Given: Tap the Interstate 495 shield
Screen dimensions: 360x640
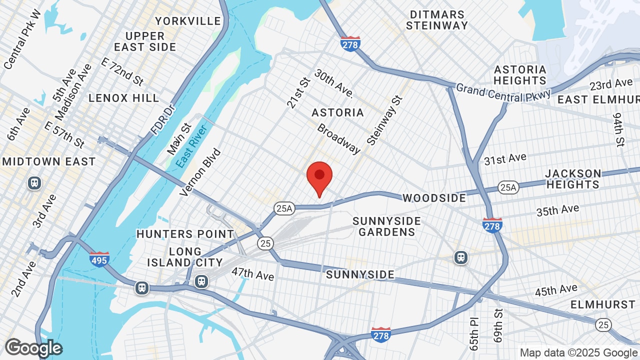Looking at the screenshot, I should pos(99,259).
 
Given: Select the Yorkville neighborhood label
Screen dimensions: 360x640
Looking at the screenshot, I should pos(188,21).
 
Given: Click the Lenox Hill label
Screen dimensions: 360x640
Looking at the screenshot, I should pos(124,98).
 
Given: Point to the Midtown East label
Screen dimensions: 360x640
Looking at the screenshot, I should pos(49,161).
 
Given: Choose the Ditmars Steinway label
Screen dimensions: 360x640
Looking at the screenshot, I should pos(437,20).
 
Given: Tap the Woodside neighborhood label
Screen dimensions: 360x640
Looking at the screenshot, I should pos(434,198).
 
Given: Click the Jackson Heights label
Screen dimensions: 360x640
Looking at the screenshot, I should pos(573,179).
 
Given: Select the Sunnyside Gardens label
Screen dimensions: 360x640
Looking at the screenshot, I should pos(386,226).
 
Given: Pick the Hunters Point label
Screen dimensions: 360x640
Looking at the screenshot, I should pos(185,234).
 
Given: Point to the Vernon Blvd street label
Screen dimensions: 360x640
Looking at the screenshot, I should pos(200,171).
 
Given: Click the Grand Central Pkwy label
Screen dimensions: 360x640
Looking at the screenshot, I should pos(502,92).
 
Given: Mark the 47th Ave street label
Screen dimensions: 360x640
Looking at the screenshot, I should pos(252,273).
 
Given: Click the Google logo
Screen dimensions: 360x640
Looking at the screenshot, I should pos(33,348).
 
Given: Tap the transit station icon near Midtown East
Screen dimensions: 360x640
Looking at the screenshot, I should pos(34,183).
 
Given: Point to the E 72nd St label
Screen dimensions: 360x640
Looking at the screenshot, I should pos(122,71).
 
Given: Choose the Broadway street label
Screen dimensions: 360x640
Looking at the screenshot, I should pos(338,138).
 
